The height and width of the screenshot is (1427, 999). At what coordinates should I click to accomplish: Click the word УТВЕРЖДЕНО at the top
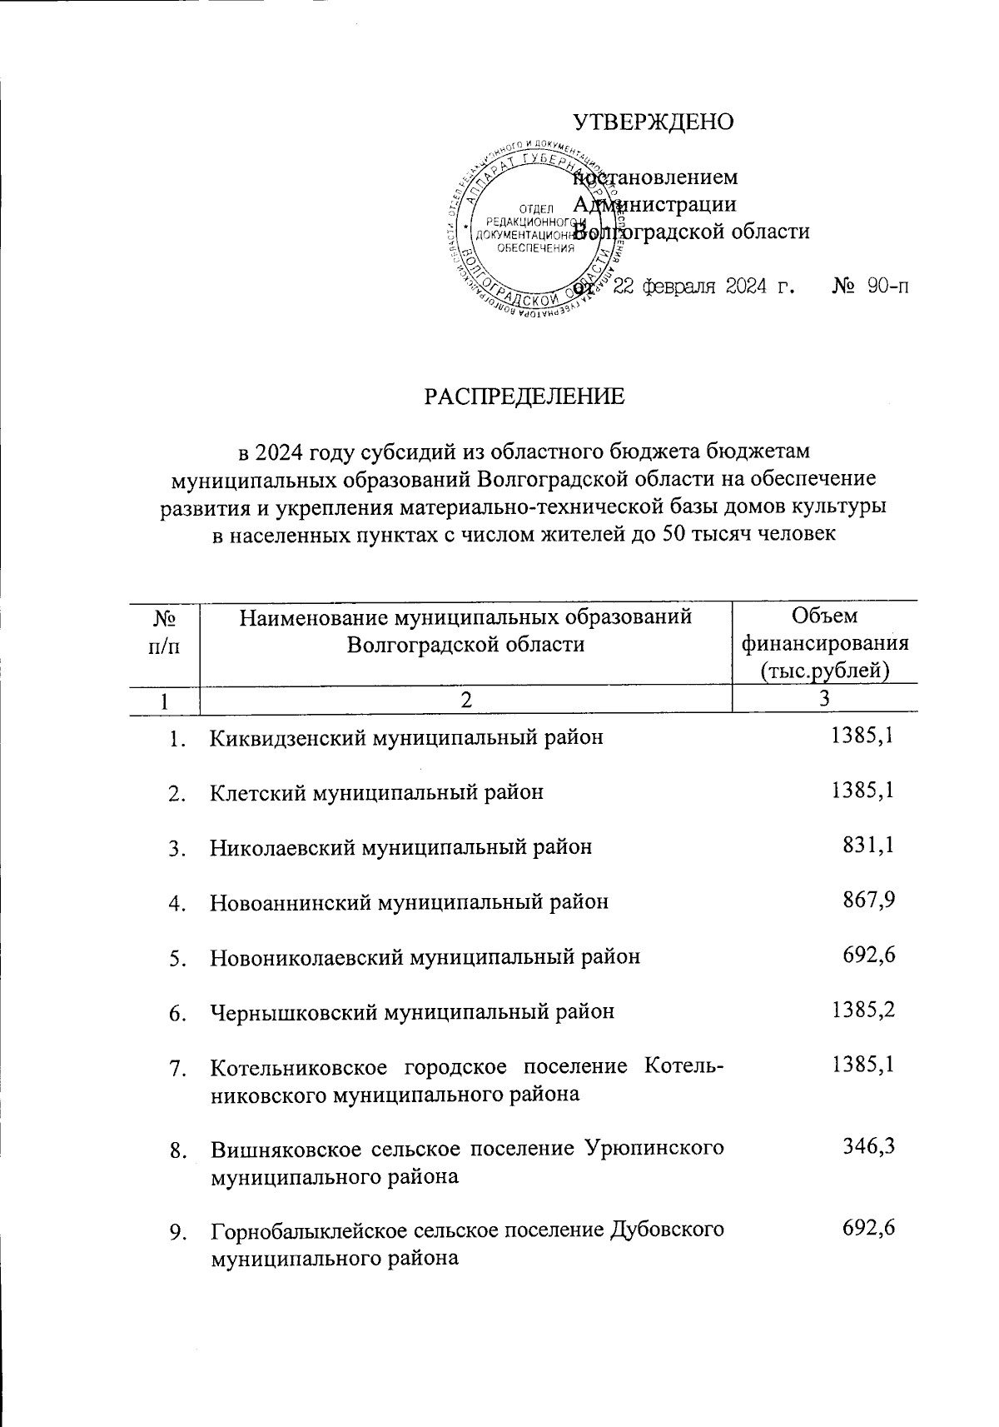pyautogui.click(x=654, y=122)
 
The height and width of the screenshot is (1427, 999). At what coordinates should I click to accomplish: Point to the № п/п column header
pyautogui.click(x=163, y=631)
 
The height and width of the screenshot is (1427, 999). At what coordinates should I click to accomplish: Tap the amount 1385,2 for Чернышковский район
pyautogui.click(x=862, y=1010)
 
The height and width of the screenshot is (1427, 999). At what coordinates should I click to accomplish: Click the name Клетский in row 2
pyautogui.click(x=256, y=792)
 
